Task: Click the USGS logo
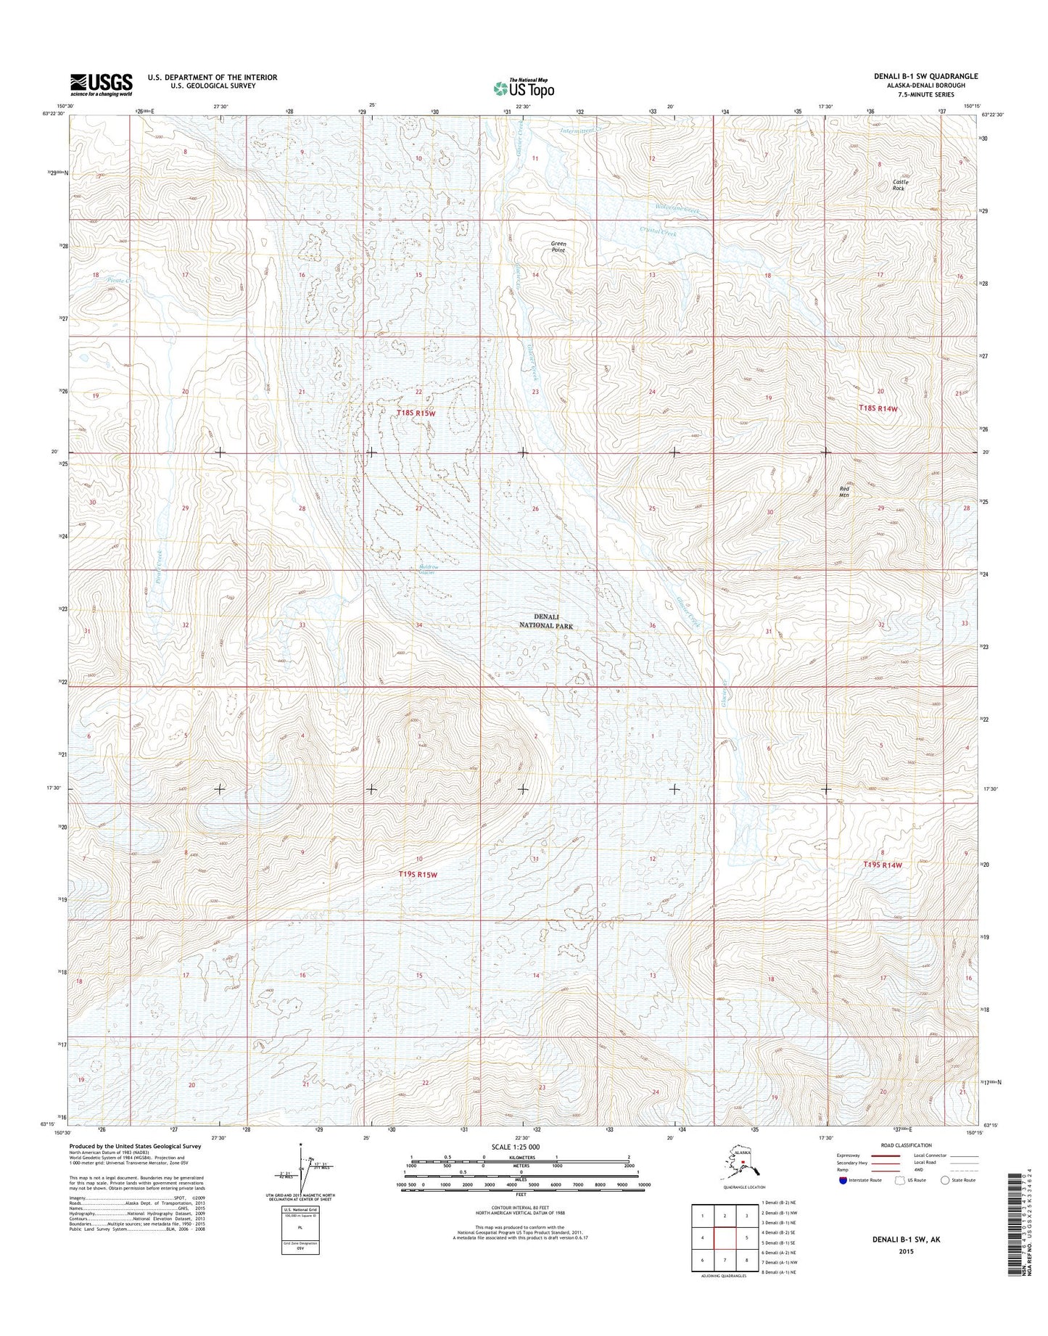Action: [102, 84]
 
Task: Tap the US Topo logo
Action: [524, 87]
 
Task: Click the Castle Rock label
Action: [900, 185]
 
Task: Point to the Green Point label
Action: [558, 247]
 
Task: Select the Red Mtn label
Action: [843, 492]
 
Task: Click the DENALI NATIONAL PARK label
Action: [545, 621]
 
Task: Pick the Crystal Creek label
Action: [658, 232]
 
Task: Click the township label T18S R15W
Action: [417, 413]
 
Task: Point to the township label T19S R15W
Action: [418, 875]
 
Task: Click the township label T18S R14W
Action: [878, 408]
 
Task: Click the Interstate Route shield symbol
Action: [842, 1200]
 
